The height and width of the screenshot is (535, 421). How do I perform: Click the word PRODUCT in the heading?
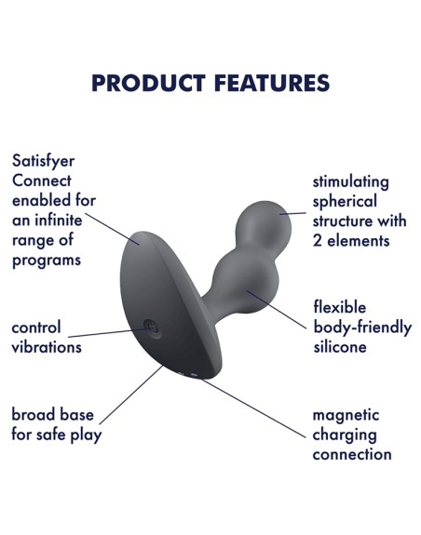[x=148, y=83]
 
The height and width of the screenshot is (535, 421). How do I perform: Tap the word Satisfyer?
[x=44, y=161]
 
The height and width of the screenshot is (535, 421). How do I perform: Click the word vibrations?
[x=47, y=347]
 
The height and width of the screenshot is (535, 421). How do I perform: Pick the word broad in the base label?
[x=33, y=415]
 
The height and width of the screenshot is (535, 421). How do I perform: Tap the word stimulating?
[x=350, y=181]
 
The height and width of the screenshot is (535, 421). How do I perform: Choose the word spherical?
[x=345, y=202]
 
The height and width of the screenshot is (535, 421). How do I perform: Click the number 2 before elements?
[x=318, y=241]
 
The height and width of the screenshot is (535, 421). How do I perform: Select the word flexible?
[x=340, y=307]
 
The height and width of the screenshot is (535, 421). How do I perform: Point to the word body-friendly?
[x=362, y=328]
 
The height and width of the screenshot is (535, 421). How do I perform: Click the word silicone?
[x=340, y=347]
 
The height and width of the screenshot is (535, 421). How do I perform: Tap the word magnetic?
[x=346, y=415]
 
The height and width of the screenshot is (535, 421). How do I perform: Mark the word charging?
[x=345, y=435]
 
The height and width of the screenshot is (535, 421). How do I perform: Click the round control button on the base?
[x=152, y=329]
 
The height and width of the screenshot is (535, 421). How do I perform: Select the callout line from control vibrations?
[x=109, y=333]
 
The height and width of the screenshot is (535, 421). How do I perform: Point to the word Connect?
[x=42, y=181]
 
